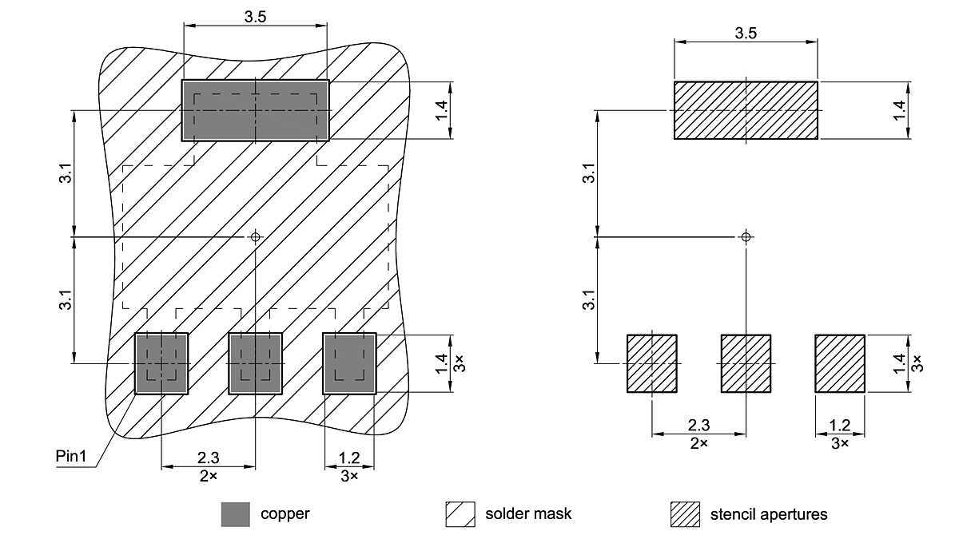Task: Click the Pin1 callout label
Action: point(77,458)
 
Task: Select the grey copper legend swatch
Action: point(235,514)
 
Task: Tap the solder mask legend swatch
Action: point(460,514)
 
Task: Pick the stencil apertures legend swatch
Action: point(685,514)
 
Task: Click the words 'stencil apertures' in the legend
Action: point(768,514)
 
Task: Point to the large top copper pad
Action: point(255,110)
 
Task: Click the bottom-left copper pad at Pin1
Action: point(161,363)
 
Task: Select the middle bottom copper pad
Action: point(255,363)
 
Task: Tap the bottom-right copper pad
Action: point(349,363)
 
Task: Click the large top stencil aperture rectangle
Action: point(746,110)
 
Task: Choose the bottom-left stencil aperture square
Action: point(651,363)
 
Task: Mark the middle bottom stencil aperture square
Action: point(746,363)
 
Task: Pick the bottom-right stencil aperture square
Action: point(840,363)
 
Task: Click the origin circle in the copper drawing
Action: point(256,236)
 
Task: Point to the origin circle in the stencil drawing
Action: point(746,236)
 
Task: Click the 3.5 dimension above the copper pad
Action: point(255,17)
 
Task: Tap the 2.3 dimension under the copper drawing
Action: point(208,458)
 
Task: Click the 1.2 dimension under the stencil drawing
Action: point(840,425)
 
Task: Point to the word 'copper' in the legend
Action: point(285,513)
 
